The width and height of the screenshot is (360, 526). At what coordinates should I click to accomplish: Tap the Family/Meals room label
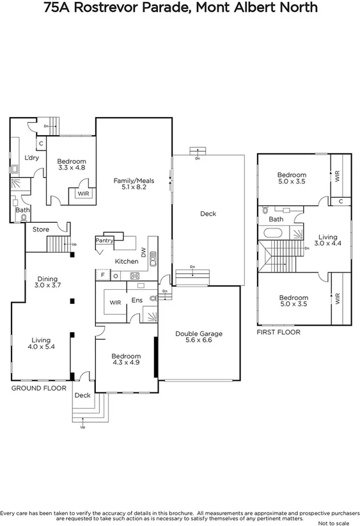click(x=130, y=180)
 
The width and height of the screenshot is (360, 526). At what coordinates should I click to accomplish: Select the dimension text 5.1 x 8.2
click(x=130, y=187)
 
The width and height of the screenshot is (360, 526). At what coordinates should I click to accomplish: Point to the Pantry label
click(x=104, y=241)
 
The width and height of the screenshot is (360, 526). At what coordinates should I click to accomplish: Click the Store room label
click(x=41, y=229)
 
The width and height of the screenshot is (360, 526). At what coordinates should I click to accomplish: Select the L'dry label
click(x=32, y=157)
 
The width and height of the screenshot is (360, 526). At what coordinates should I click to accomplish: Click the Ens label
click(x=136, y=299)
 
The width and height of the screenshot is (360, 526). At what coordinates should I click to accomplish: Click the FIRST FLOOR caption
click(x=278, y=332)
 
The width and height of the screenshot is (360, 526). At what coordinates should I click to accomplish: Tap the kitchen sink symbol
click(x=153, y=259)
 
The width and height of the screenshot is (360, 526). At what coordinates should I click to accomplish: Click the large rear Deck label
click(x=207, y=214)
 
